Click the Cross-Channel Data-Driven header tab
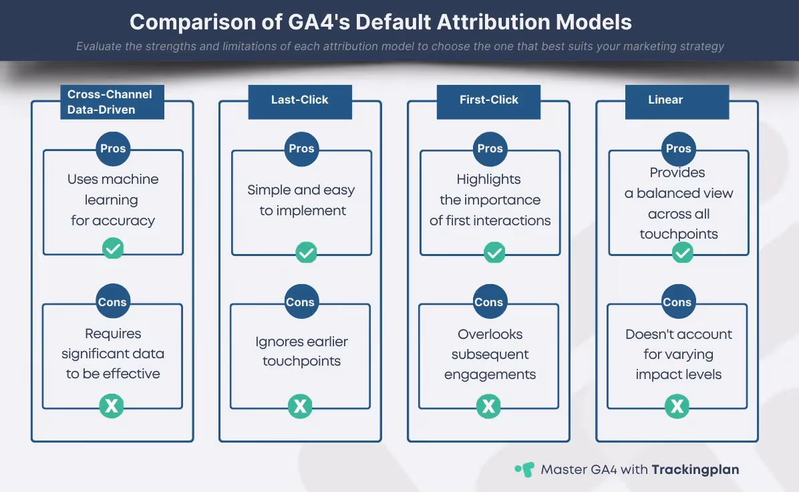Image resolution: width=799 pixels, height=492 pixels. click(x=112, y=102)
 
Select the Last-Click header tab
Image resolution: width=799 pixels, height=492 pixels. click(x=300, y=102)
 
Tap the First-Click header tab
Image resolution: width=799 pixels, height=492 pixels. click(x=488, y=102)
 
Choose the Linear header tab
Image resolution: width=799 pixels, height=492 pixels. click(x=677, y=102)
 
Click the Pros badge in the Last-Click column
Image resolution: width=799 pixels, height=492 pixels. click(x=302, y=149)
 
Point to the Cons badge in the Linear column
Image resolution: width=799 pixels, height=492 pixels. click(x=677, y=302)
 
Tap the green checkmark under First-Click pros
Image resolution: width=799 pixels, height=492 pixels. click(x=494, y=253)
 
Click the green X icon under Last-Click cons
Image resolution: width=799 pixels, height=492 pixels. click(x=300, y=406)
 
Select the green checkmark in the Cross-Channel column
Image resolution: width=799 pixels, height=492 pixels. click(x=113, y=248)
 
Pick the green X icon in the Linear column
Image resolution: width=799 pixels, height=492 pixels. click(x=677, y=406)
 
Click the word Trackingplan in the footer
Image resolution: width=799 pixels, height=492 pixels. click(x=695, y=469)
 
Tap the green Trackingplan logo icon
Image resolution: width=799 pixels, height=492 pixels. click(x=524, y=469)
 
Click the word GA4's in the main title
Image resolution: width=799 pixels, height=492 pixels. click(x=319, y=23)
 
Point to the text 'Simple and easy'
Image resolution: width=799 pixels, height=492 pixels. click(x=301, y=190)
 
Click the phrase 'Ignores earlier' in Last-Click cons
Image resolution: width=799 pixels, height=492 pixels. click(x=302, y=342)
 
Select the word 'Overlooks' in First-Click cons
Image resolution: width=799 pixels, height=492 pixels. click(x=490, y=334)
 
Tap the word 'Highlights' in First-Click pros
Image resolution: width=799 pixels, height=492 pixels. click(x=488, y=179)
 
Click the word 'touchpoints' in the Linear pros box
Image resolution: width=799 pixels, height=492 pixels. click(x=679, y=234)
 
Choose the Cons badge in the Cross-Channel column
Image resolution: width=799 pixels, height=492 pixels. click(x=112, y=302)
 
